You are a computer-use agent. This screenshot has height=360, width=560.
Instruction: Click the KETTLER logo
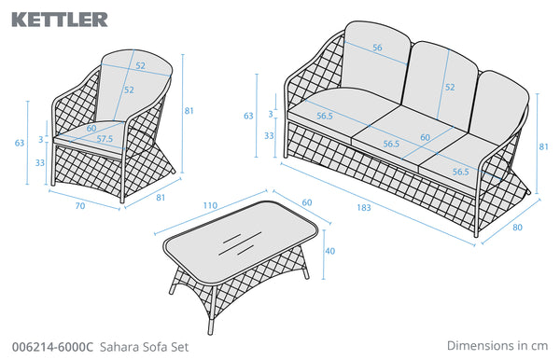[60, 20]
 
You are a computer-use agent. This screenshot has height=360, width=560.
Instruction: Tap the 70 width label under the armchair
[80, 206]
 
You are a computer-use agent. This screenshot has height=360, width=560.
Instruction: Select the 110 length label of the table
[210, 205]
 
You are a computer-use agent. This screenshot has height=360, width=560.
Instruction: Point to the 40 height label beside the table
[330, 251]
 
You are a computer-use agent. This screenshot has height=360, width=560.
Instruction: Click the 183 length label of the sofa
[364, 208]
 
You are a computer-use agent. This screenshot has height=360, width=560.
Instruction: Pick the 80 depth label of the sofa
[517, 228]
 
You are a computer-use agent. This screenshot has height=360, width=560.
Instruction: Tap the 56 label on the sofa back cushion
[377, 48]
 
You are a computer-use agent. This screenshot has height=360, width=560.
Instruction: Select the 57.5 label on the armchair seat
[105, 139]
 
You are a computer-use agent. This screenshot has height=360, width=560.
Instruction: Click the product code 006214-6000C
[52, 347]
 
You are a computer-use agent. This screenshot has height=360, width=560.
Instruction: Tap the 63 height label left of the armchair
[20, 143]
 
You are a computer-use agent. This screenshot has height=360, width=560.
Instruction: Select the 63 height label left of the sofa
[248, 116]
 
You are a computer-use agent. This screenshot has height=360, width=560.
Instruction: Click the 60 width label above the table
[307, 202]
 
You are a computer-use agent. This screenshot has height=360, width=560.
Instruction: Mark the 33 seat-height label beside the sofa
[269, 135]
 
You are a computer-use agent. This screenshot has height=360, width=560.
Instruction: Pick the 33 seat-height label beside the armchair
[40, 162]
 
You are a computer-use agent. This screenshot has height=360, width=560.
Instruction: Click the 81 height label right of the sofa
[543, 146]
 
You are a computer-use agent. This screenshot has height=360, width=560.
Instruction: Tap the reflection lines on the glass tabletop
[240, 243]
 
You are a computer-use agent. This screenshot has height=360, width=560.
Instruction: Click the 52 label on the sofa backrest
[450, 87]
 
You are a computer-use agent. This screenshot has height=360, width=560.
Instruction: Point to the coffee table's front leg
[212, 311]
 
